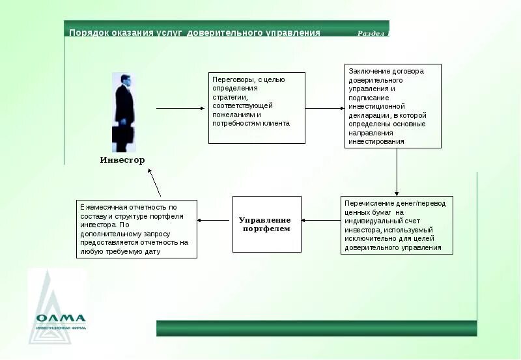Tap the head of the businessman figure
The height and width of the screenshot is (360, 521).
pos(125,80)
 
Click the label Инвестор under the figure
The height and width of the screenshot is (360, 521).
pos(122,160)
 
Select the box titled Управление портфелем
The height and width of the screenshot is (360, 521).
pos(267,224)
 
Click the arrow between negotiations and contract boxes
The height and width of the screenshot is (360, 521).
pos(324,108)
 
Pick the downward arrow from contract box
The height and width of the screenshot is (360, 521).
pos(397,173)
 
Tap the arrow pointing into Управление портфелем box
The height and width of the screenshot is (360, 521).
pos(321,220)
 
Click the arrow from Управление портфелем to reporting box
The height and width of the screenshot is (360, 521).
pos(215,220)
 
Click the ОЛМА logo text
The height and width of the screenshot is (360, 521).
pos(61,318)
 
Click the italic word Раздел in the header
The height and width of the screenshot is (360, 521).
pos(371,33)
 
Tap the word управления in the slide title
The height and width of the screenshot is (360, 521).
pos(292,33)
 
